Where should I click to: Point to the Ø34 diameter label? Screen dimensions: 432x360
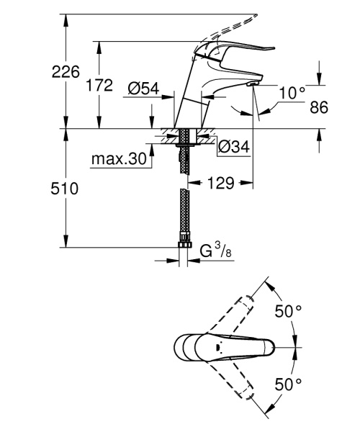233,147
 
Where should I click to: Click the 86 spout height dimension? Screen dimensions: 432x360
318,107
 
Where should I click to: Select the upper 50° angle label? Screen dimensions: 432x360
288,311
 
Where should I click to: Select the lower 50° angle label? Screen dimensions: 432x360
288,383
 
